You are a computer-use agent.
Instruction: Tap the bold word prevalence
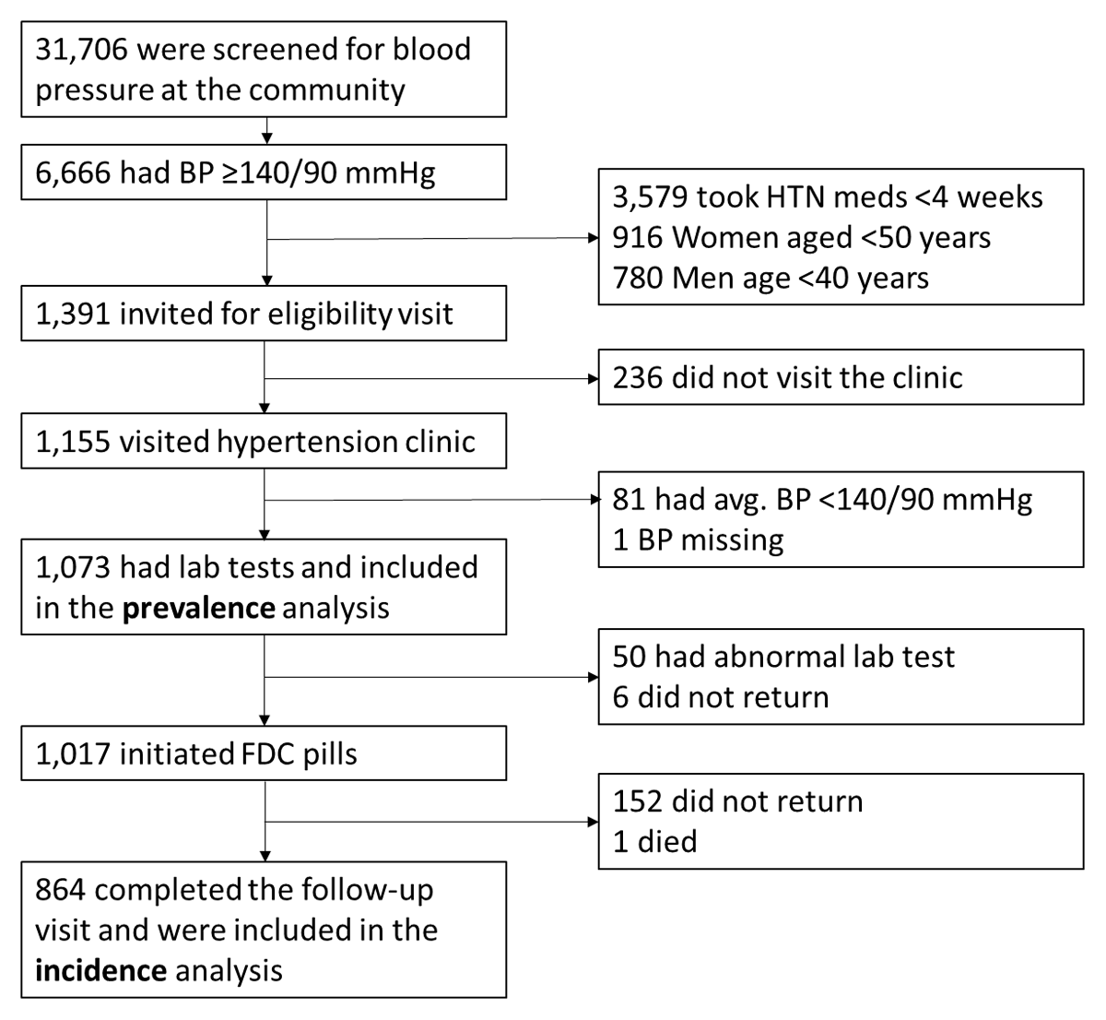coord(198,609)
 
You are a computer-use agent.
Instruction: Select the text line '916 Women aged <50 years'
coord(801,238)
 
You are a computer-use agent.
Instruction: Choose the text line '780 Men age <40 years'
coord(771,278)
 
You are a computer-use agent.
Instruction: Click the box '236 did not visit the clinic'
coord(841,377)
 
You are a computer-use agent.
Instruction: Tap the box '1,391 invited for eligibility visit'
coord(264,314)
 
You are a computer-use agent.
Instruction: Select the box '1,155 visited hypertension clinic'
coord(264,442)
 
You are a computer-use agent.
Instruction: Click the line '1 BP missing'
coord(698,540)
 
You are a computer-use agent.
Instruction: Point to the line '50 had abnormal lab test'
coord(783,657)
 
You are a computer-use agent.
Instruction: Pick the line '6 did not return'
coord(720,697)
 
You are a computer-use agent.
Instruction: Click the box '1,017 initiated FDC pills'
coord(264,753)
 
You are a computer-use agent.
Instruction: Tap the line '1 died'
coord(654,841)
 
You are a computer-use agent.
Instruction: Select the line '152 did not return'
coord(737,801)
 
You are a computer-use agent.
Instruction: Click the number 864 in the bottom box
coord(60,890)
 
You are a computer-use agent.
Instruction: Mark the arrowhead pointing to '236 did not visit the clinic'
coord(593,378)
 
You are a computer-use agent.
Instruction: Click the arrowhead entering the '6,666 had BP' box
coord(266,139)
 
